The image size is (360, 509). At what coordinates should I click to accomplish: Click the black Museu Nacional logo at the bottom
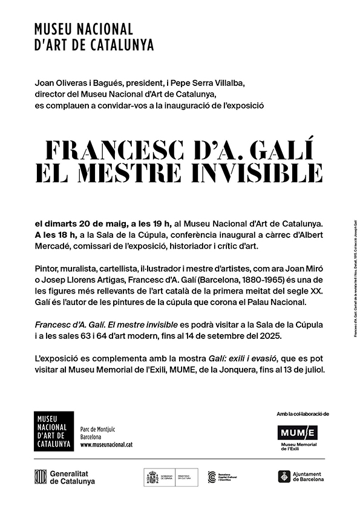(54, 431)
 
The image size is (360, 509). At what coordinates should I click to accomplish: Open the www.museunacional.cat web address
(106, 445)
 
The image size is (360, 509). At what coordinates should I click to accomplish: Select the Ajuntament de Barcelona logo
(301, 477)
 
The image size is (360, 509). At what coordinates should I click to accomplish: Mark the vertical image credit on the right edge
(353, 278)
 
